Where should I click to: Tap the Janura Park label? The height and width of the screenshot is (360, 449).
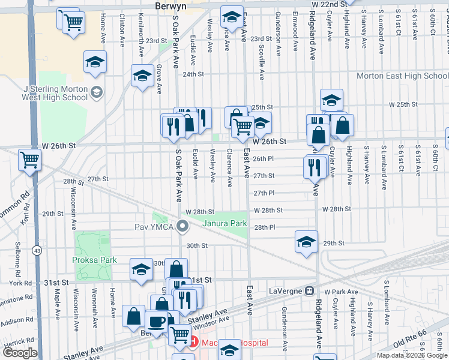(x=225, y=224)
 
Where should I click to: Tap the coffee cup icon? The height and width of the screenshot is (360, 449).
(x=157, y=321)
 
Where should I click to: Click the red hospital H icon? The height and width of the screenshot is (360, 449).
(x=193, y=343)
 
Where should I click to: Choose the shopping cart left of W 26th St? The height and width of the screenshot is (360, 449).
(x=29, y=160)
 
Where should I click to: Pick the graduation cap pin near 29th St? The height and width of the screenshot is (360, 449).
(x=306, y=242)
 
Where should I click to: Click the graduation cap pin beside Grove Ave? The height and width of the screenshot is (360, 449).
(x=142, y=76)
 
